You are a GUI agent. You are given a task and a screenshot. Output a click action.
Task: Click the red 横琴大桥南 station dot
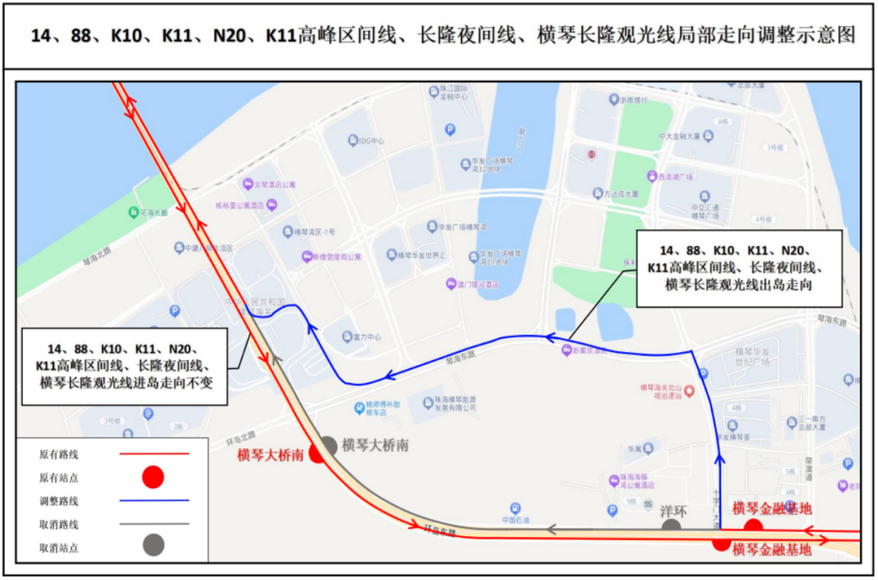[x=317, y=454]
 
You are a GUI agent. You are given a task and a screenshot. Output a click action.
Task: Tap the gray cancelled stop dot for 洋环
[x=671, y=527]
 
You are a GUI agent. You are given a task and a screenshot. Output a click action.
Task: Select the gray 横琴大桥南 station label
[x=375, y=445]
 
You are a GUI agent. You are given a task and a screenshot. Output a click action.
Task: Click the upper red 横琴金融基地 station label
[x=772, y=508]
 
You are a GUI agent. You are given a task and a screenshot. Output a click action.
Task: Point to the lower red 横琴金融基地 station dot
[x=721, y=543]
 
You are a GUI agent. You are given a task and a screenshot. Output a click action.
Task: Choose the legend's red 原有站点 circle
[x=153, y=477]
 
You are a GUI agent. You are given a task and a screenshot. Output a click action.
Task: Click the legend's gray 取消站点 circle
[x=153, y=545]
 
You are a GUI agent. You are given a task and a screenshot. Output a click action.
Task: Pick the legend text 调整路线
[x=59, y=501]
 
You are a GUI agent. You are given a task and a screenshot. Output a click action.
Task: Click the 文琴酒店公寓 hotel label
[x=279, y=185]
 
